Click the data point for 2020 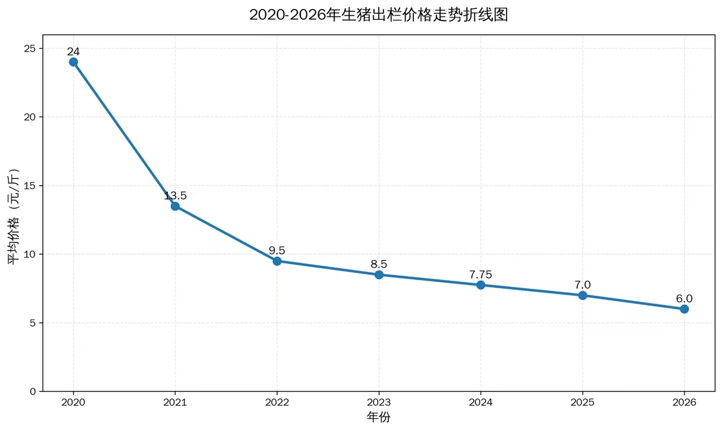coord(73,62)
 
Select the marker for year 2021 coord(175,206)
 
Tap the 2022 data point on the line coord(277,261)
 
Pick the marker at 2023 coord(379,275)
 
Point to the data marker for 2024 coord(481,285)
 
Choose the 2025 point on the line coord(582,295)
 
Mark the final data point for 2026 coord(684,309)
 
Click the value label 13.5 coord(175,195)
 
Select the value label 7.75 coord(481,274)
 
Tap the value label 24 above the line coord(73,52)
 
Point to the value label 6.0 coord(684,298)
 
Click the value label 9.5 coord(277,250)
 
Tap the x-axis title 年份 coord(378,417)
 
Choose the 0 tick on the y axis coord(33,392)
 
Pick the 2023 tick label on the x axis coord(379,402)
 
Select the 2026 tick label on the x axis coord(684,402)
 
